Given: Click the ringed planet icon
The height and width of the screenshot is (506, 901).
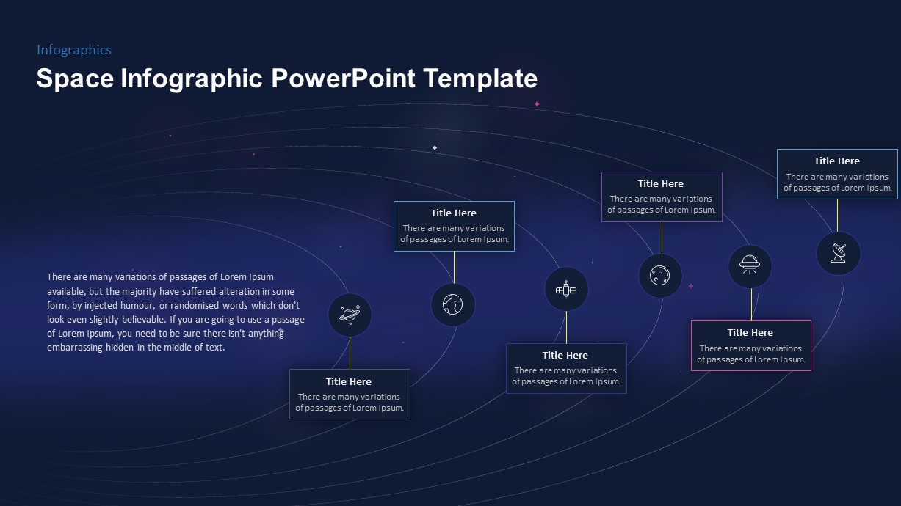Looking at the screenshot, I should (350, 315).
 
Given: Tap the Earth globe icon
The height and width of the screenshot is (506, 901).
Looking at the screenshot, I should (453, 304).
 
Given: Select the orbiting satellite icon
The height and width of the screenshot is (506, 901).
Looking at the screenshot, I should (566, 290).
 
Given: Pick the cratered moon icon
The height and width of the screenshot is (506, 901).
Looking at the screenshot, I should (660, 276).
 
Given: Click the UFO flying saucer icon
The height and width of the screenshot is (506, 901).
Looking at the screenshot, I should (750, 266).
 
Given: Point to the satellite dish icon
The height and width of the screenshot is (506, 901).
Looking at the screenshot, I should (838, 254).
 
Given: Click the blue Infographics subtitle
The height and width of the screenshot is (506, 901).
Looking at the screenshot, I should (74, 50).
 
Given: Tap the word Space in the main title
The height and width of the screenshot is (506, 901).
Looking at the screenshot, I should (75, 78).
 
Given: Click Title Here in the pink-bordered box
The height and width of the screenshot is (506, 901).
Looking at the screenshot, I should (750, 332).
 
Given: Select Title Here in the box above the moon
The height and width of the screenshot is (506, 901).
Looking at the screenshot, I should (660, 183).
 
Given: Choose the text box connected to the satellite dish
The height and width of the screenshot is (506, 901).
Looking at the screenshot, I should (837, 175).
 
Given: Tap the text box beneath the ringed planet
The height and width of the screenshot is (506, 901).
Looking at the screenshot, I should (350, 395).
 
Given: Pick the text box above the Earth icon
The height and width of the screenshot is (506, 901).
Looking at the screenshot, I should (454, 227).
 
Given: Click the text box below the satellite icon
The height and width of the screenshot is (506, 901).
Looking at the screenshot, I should (565, 369).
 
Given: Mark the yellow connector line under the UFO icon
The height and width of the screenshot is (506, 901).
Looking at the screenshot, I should (750, 304).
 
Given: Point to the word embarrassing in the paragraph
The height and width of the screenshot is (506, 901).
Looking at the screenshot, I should (75, 348).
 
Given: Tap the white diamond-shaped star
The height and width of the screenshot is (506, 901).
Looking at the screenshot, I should (435, 147).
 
